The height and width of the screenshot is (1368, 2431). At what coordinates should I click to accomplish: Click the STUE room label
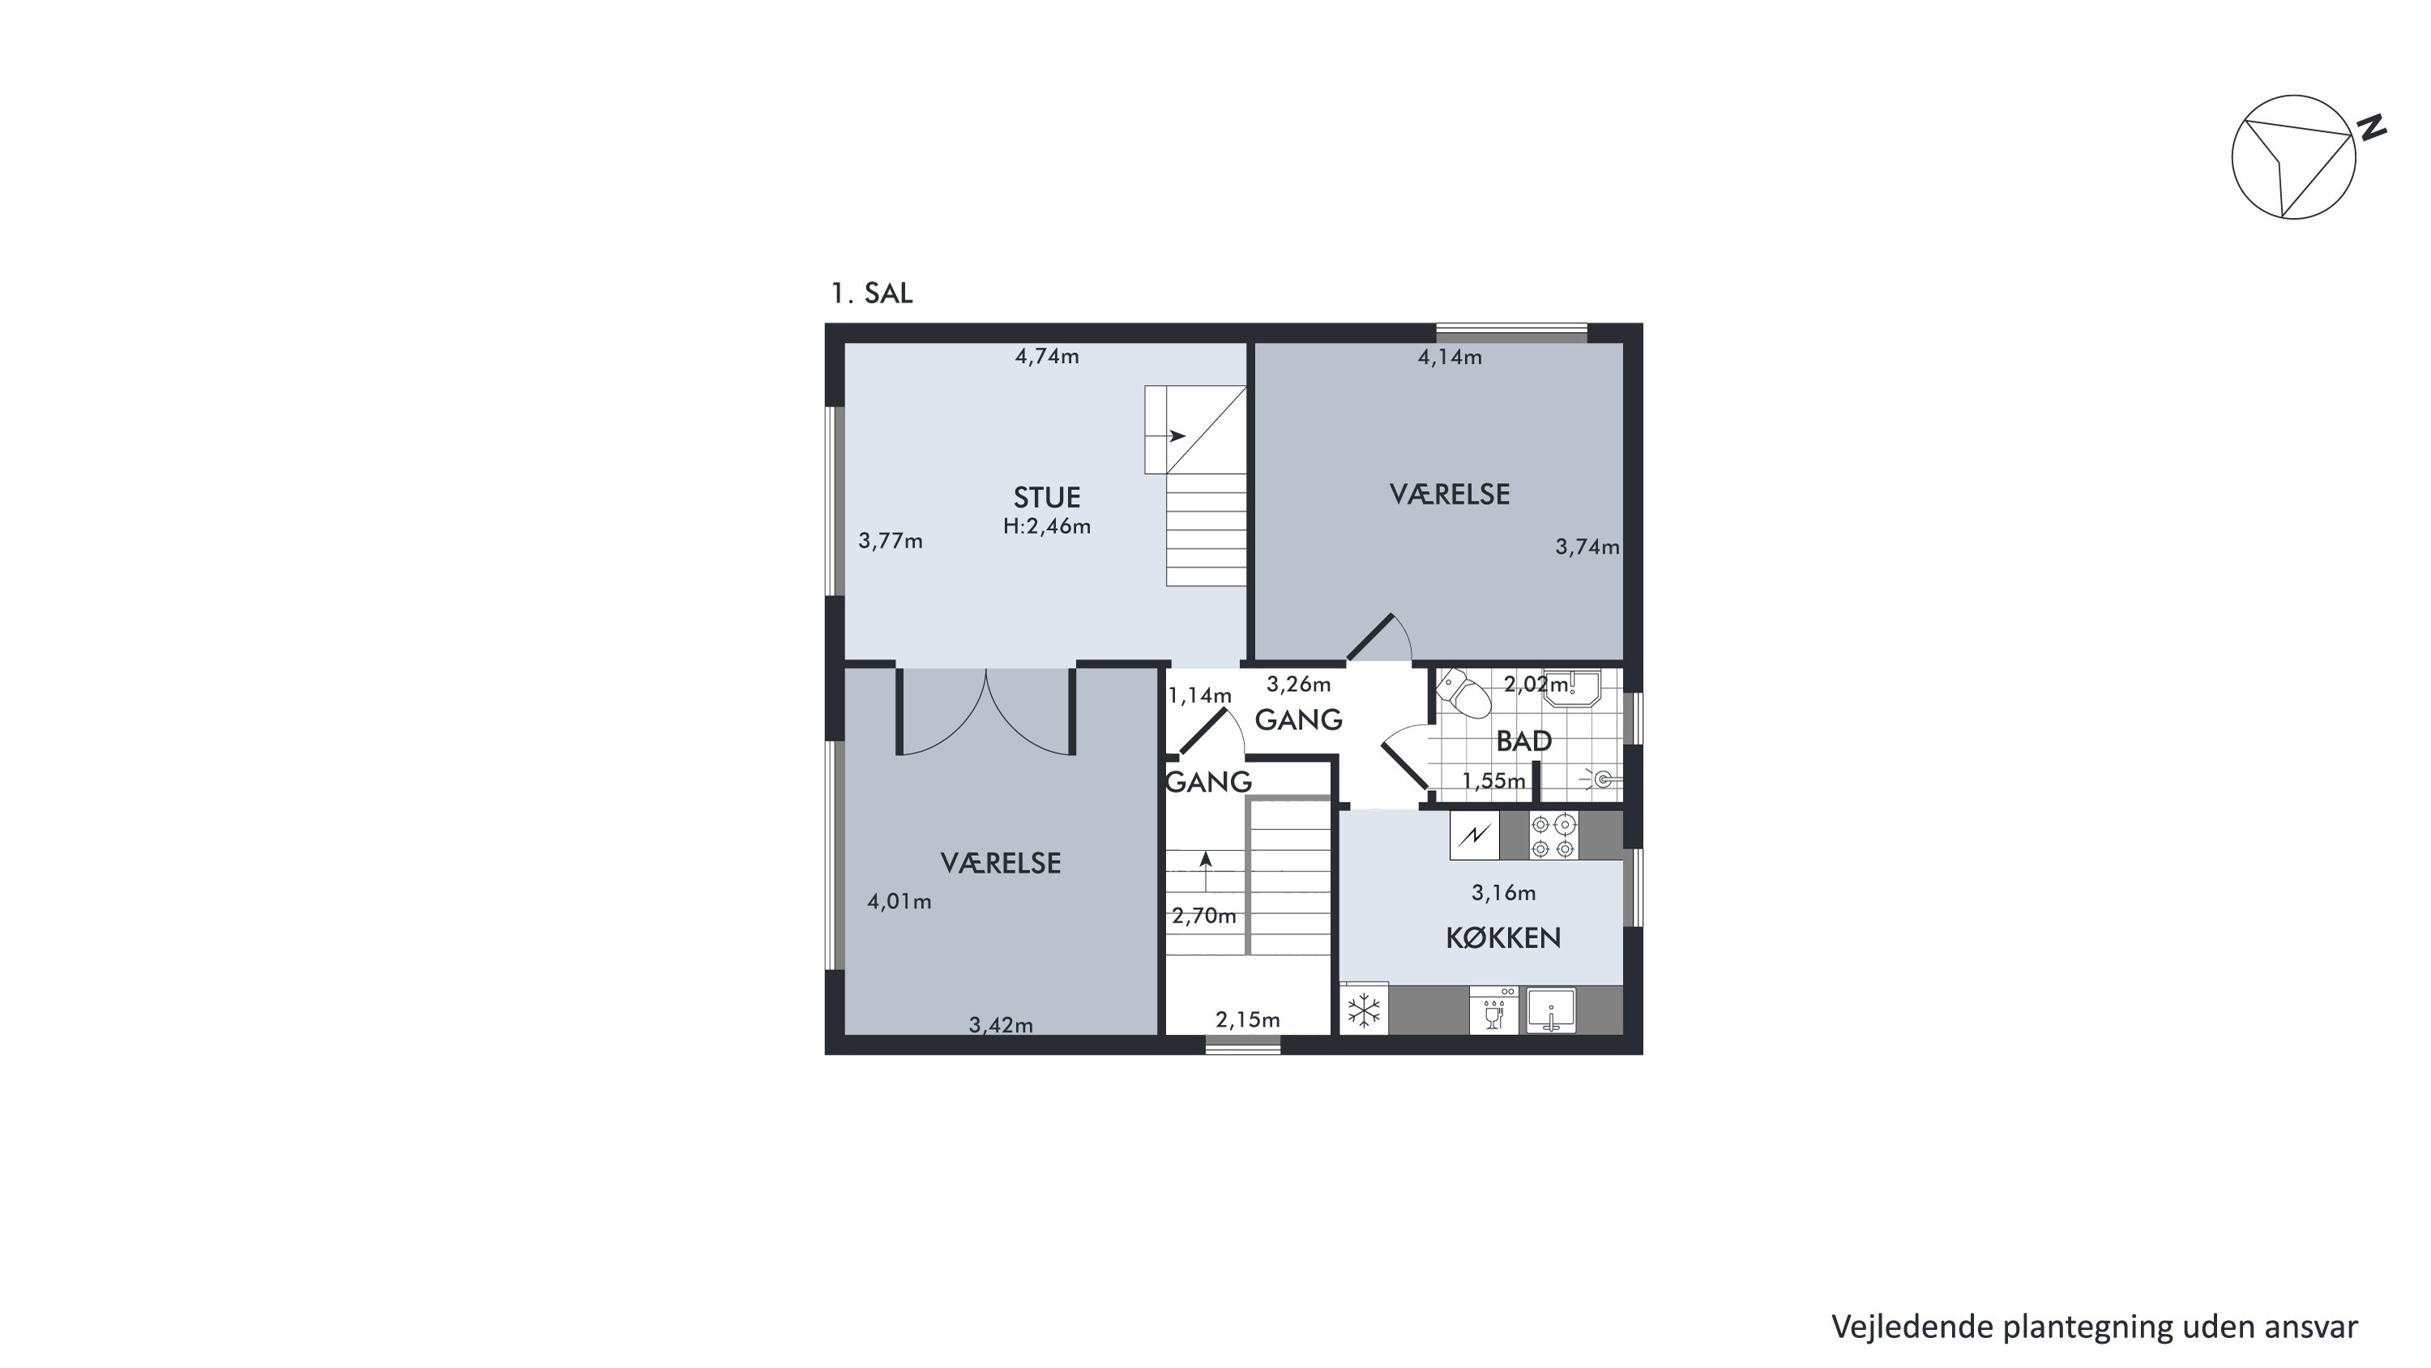[x=1047, y=498]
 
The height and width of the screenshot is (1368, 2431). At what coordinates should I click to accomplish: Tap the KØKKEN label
[x=1503, y=938]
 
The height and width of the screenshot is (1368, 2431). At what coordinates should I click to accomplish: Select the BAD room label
[x=1524, y=741]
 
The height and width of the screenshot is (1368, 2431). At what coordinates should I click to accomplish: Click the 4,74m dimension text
[x=1047, y=357]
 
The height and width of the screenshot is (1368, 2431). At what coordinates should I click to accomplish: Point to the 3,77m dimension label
[x=890, y=541]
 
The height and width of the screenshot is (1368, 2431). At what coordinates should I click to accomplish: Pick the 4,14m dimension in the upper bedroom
[x=1450, y=357]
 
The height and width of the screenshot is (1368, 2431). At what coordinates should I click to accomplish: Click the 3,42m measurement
[x=1000, y=1024]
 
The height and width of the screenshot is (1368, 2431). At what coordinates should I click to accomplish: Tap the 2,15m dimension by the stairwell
[x=1248, y=1020]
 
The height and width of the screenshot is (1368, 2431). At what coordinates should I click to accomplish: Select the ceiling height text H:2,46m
[x=1047, y=527]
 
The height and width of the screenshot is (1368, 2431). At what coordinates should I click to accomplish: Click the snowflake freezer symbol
[x=1364, y=1010]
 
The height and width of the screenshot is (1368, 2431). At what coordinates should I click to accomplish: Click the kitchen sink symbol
[x=1550, y=1010]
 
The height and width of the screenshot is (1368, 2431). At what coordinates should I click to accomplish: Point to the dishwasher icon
[x=1494, y=1010]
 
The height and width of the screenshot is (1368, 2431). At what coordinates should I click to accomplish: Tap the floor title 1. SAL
[x=871, y=293]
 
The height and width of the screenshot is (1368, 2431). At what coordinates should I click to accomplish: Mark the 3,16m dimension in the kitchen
[x=1503, y=892]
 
